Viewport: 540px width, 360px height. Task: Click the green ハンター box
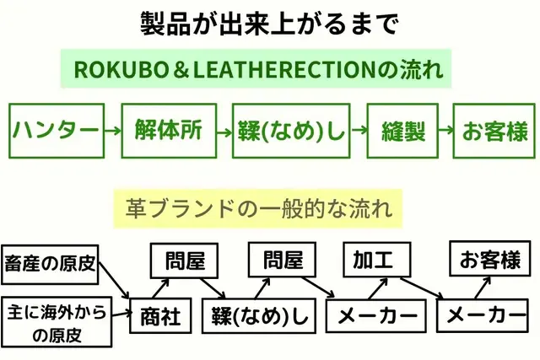pyautogui.click(x=56, y=131)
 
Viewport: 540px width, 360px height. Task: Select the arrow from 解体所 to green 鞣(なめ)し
pyautogui.click(x=223, y=131)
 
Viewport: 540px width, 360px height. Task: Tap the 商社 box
pyautogui.click(x=160, y=317)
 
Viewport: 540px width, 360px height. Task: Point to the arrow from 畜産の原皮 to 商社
pyautogui.click(x=115, y=284)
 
